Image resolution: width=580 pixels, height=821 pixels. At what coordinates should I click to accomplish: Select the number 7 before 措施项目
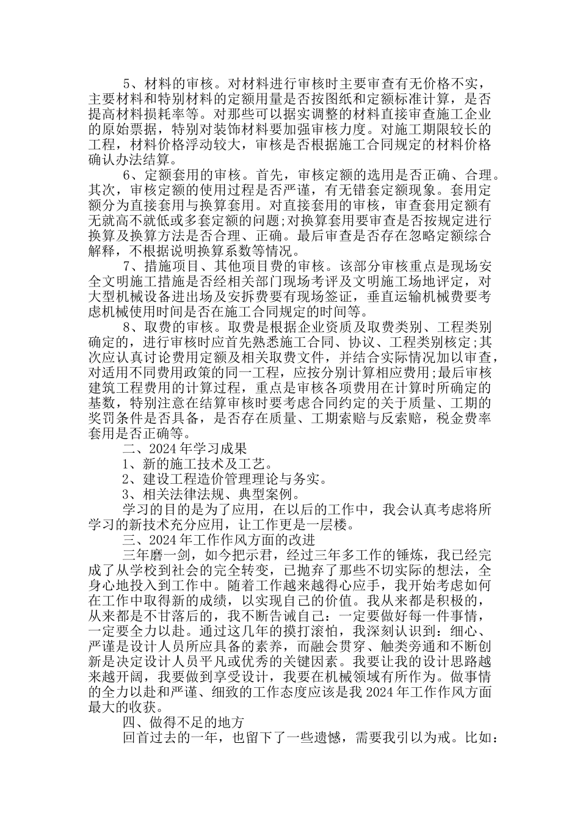click(126, 267)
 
